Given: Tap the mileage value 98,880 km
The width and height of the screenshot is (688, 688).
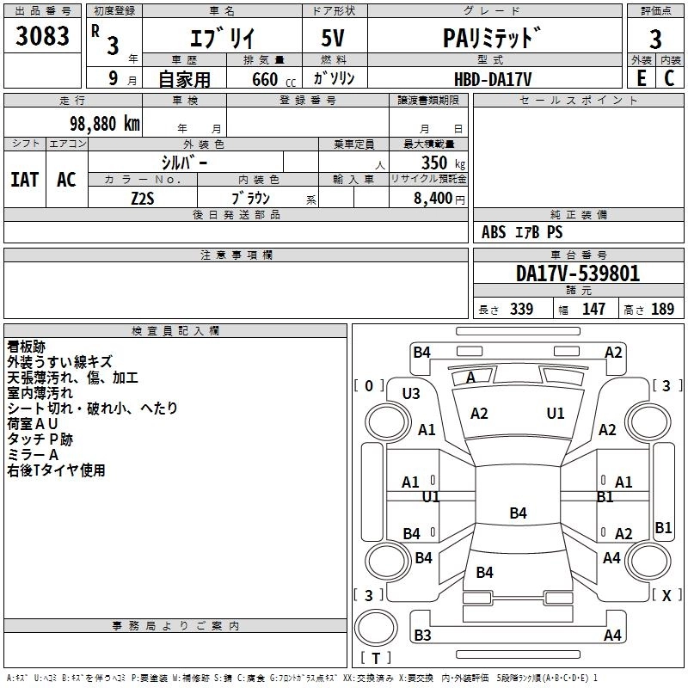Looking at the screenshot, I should [101, 123].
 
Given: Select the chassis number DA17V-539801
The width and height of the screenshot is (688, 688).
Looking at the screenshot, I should [578, 273].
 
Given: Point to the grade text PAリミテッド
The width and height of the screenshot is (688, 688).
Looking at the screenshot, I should [493, 38].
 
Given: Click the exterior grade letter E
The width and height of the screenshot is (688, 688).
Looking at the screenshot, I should [640, 78].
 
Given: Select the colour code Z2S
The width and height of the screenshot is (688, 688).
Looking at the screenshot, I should [142, 197].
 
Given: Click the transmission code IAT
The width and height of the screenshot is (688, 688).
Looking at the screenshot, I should [25, 179].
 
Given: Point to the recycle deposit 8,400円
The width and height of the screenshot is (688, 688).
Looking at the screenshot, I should [438, 198].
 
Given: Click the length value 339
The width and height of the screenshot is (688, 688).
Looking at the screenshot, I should [521, 310].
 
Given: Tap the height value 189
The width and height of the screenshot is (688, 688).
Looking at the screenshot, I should [662, 310].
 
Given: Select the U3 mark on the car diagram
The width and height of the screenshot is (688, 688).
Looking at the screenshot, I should [411, 393].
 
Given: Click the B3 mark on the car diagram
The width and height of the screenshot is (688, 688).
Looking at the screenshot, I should [422, 636].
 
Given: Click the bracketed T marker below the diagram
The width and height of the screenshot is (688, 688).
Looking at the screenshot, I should [376, 659].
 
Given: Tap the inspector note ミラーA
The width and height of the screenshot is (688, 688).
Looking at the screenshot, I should [33, 455].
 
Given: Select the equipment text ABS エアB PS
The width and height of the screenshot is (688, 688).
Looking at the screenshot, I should [522, 232].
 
